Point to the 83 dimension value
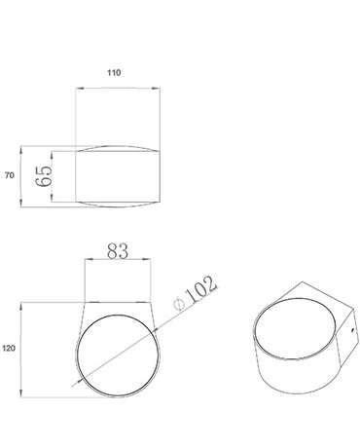117,251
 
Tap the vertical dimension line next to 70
21,175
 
